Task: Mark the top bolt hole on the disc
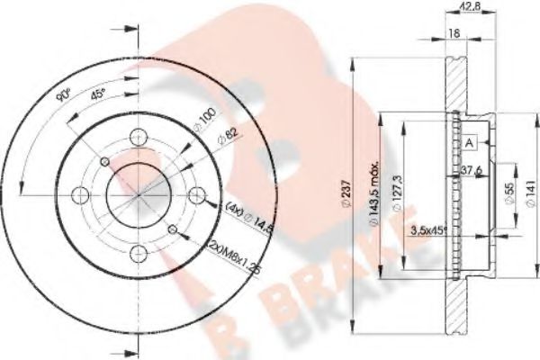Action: click(138, 137)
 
